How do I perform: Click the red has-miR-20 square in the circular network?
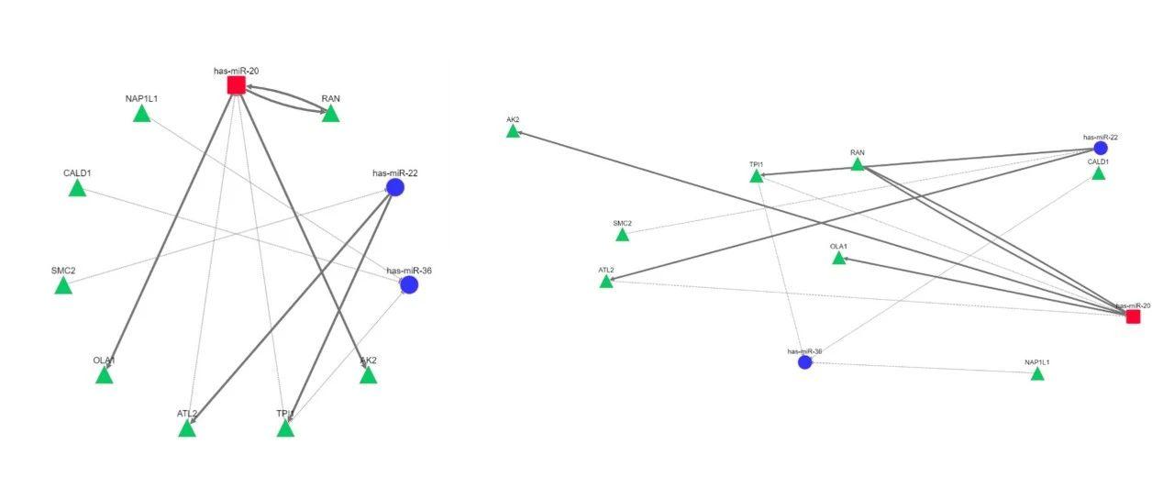[236, 85]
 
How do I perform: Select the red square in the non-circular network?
[1133, 316]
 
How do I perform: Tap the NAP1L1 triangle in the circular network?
[141, 114]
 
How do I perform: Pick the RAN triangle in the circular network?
[330, 114]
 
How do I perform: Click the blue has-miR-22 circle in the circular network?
[395, 187]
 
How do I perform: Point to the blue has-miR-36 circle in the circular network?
[409, 284]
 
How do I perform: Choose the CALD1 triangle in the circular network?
[77, 188]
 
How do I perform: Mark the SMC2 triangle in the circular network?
[63, 286]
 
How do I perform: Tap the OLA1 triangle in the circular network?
[105, 375]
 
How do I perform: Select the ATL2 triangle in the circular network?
[187, 428]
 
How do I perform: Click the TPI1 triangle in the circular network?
[285, 428]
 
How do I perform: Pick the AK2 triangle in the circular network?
[368, 375]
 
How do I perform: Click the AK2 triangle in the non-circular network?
[513, 132]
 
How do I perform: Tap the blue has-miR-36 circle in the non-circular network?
[805, 362]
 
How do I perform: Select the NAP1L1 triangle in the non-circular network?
[1037, 374]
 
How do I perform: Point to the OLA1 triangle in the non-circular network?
[838, 259]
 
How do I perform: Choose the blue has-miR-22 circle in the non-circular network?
[1101, 148]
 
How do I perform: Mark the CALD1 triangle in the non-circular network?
[1098, 173]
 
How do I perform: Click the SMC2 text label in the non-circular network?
[622, 223]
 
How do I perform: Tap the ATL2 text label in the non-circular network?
[605, 270]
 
